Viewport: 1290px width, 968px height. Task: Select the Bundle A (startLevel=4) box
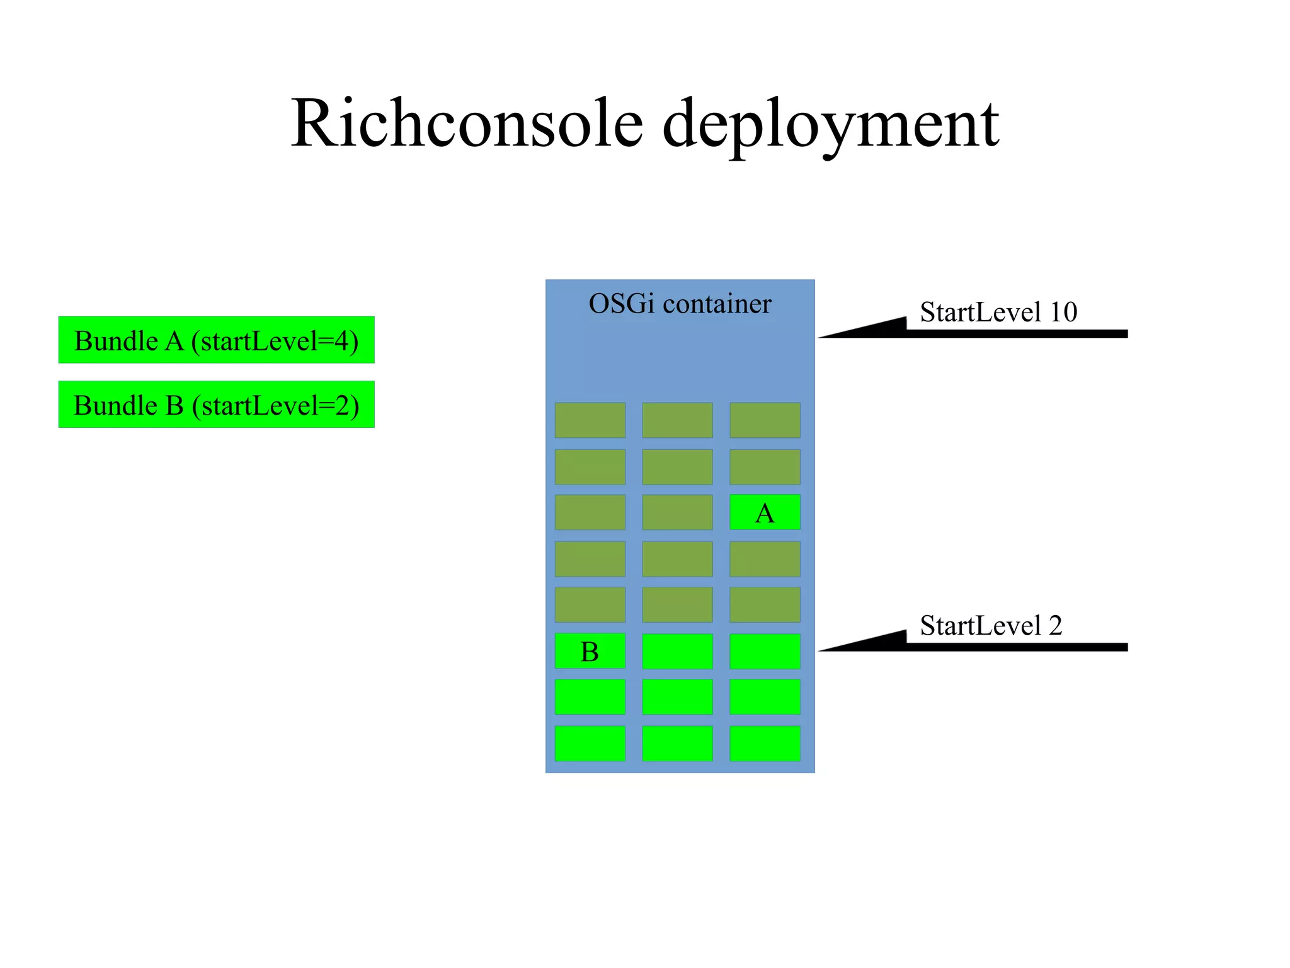click(216, 340)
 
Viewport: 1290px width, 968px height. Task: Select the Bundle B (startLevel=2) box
click(216, 405)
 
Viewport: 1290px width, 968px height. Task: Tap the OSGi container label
click(679, 304)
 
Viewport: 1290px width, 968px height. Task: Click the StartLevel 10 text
click(998, 313)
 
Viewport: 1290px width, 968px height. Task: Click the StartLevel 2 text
click(990, 626)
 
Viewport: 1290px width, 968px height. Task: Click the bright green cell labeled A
click(764, 512)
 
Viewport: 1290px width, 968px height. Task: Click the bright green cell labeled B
click(590, 651)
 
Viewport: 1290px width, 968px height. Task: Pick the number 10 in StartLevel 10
click(1063, 313)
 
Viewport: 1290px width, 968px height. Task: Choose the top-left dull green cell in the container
click(590, 420)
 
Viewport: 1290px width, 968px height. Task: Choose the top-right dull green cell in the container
click(764, 420)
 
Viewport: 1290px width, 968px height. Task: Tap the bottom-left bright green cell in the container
click(590, 744)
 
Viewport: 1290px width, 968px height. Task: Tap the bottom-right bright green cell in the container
click(764, 744)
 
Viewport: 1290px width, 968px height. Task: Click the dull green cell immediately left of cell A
click(677, 512)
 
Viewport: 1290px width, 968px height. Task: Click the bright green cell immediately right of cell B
click(677, 651)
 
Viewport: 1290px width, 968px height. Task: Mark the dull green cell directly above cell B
click(590, 605)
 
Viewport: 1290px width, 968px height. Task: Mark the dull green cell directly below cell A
click(764, 559)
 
